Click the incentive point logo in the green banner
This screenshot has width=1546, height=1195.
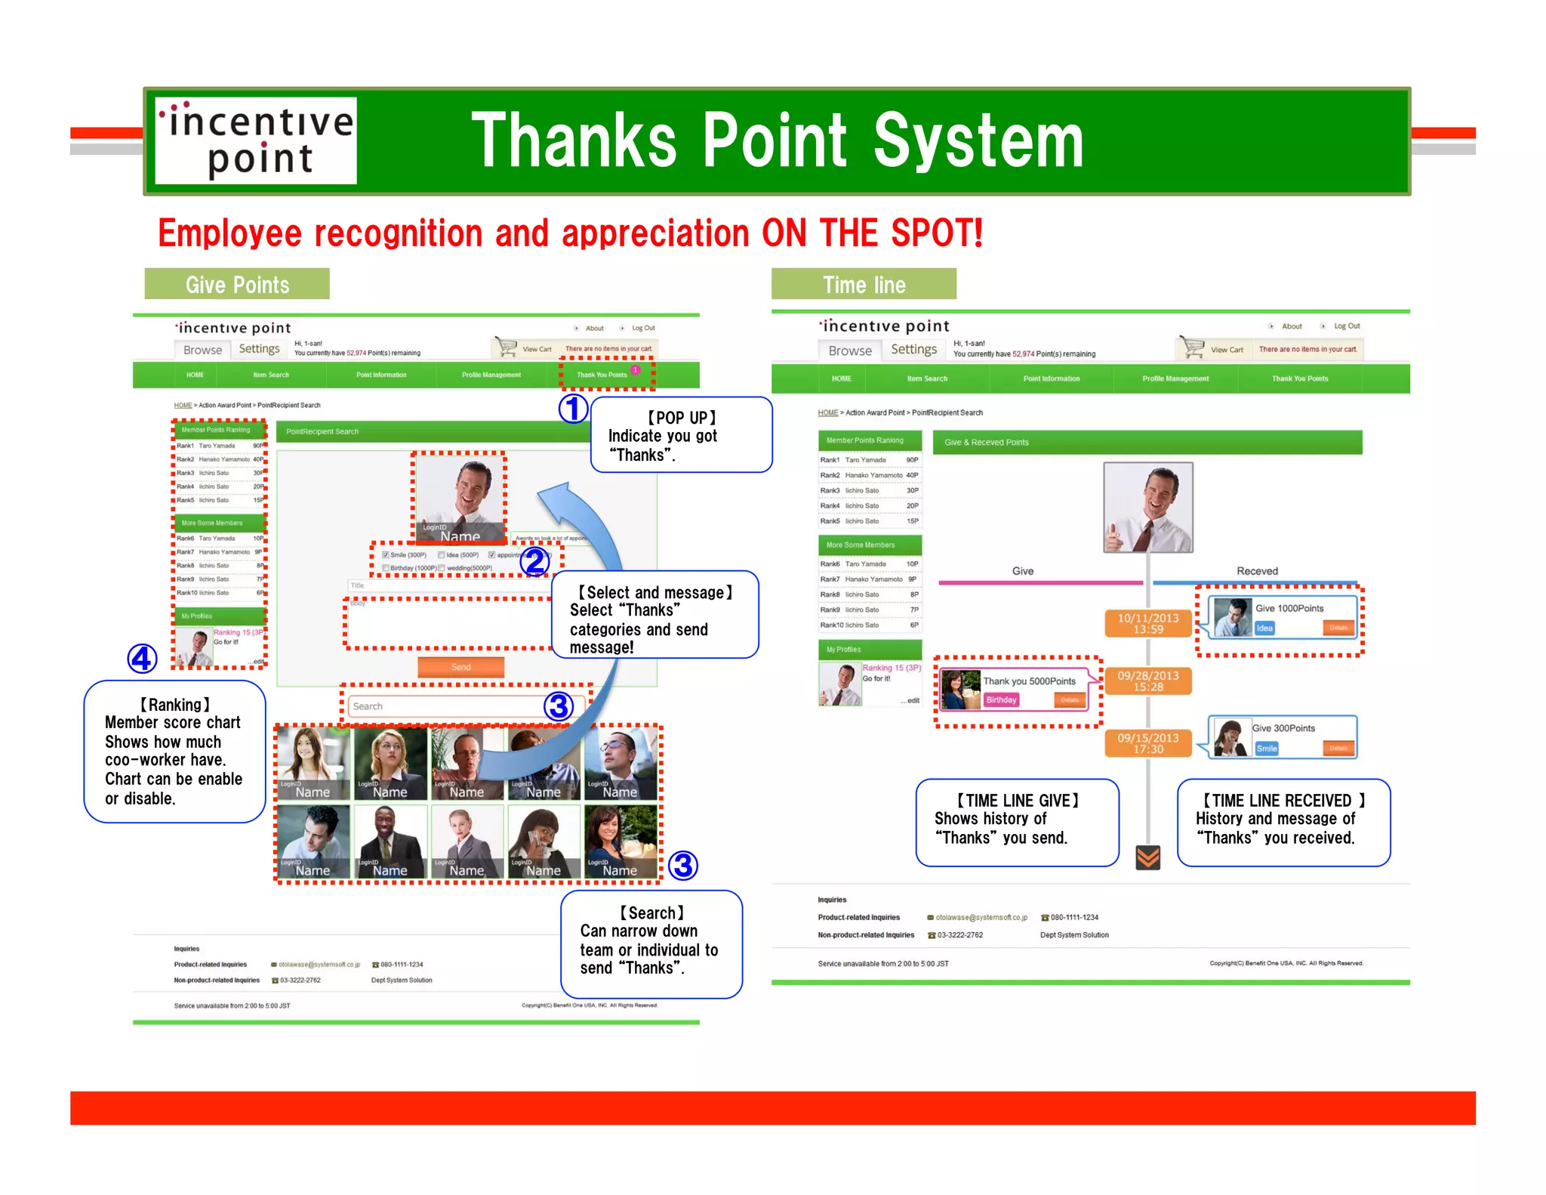[x=256, y=140]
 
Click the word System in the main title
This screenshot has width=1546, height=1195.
[x=978, y=140]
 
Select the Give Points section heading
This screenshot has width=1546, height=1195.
[x=237, y=285]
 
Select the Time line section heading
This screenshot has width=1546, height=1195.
[x=864, y=285]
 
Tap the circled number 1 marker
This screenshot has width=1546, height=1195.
[x=573, y=409]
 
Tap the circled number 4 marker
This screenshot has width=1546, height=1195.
[x=142, y=659]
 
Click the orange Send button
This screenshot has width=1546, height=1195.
[x=460, y=667]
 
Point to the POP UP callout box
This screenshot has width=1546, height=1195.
[x=681, y=435]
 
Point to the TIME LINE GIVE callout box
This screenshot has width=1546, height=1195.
[x=1016, y=822]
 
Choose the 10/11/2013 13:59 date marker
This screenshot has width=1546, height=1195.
[x=1147, y=623]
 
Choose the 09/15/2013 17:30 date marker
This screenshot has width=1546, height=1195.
[x=1147, y=743]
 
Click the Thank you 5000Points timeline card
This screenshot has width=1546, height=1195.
[x=1016, y=690]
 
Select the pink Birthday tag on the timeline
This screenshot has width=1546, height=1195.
[x=1001, y=700]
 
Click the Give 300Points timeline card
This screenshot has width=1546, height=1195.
[x=1283, y=737]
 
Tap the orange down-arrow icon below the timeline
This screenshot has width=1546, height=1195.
[x=1147, y=857]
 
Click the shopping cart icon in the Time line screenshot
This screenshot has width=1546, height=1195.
[x=1193, y=347]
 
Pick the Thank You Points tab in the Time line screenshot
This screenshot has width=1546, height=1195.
[x=1299, y=378]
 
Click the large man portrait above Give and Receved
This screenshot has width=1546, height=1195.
[x=1147, y=508]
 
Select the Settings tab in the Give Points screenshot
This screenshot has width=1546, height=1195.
[x=259, y=349]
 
